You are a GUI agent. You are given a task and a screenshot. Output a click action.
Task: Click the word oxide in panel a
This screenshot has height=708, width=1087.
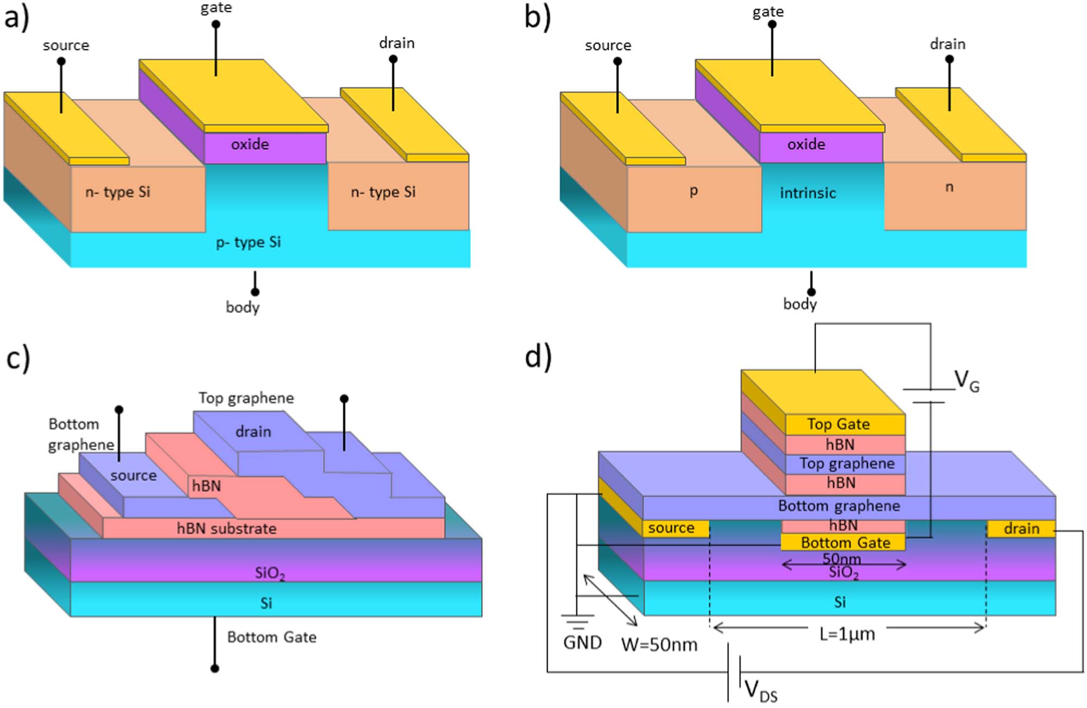pos(250,145)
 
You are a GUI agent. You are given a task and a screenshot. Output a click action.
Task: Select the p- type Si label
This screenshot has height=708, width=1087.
pos(248,242)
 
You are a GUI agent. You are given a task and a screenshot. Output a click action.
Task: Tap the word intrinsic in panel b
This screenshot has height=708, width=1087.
pos(808,193)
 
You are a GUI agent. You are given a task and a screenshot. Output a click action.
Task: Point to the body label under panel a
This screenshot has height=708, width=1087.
pos(242,308)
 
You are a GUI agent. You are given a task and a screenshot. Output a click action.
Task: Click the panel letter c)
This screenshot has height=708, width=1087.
pos(18,359)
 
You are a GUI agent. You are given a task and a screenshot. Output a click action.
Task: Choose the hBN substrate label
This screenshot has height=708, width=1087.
pos(227,529)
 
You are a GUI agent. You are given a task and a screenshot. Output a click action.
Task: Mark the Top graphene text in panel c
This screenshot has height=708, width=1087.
pos(246,398)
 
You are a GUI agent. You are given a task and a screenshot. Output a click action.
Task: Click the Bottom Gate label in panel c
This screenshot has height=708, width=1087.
pos(272,637)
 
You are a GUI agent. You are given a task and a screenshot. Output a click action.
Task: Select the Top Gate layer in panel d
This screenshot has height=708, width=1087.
pos(838,424)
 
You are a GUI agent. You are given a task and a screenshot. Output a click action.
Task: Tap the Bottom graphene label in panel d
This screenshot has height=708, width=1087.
pos(839,506)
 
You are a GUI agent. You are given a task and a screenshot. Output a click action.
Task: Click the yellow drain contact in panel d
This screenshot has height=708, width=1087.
pos(1021,529)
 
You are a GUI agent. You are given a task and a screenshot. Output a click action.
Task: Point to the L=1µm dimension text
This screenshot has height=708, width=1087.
pos(847,634)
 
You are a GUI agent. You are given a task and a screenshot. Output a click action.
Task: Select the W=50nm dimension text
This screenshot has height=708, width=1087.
pos(659,645)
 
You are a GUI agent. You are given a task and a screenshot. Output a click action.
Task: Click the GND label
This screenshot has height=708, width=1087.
pos(582,643)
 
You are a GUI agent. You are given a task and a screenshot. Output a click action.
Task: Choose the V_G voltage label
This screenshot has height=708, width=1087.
pos(967,381)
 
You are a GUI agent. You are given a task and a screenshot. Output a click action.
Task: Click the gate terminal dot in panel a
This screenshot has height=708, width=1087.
pos(216,24)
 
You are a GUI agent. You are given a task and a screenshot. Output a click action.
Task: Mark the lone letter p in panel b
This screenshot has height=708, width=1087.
pos(694,191)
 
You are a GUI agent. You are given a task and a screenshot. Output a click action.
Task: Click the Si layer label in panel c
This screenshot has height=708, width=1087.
pos(266,603)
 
